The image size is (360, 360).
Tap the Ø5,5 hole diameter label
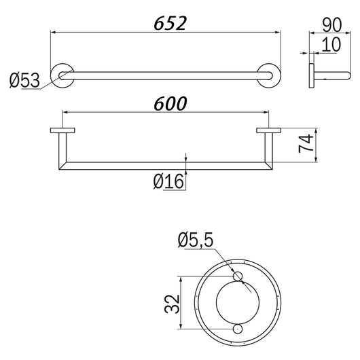point(197,240)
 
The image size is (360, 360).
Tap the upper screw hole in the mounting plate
point(236,276)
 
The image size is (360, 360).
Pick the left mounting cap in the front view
point(62,131)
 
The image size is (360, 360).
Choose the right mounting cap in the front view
point(268,131)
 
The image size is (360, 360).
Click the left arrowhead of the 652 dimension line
point(54,31)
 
